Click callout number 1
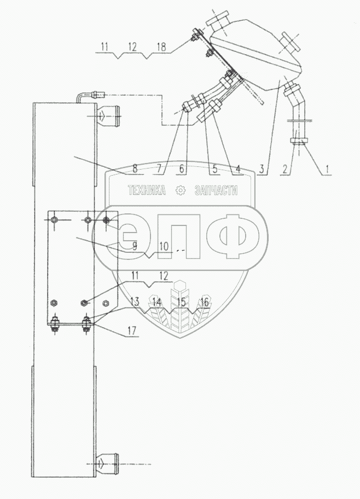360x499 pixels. pyautogui.click(x=327, y=170)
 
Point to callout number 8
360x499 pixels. pyautogui.click(x=134, y=170)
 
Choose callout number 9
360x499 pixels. pyautogui.click(x=134, y=247)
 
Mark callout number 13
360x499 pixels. pyautogui.click(x=135, y=301)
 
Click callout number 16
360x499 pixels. pyautogui.click(x=205, y=301)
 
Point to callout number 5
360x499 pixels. pyautogui.click(x=214, y=170)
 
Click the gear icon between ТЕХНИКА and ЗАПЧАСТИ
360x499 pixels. pyautogui.click(x=180, y=190)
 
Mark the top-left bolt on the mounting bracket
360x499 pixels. pyautogui.click(x=54, y=220)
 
